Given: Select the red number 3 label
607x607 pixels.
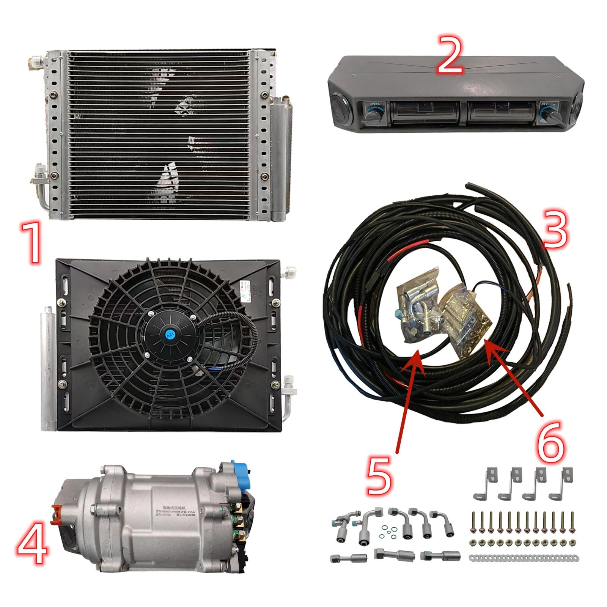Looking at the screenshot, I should (x=555, y=228).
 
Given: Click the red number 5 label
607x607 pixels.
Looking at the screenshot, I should (x=379, y=476).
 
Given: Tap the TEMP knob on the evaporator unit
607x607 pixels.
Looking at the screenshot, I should (x=371, y=112).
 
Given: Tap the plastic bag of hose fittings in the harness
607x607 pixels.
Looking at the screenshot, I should (x=417, y=307).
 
